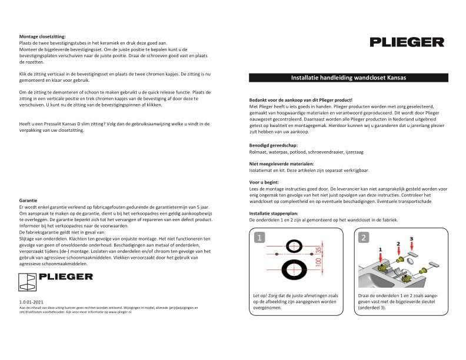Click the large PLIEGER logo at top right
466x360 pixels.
point(407,42)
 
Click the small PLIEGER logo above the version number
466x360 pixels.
point(56,276)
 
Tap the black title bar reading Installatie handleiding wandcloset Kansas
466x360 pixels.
point(348,78)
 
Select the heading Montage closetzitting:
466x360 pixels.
point(42,36)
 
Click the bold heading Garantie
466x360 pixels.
point(29,201)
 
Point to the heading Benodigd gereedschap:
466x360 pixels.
point(274,145)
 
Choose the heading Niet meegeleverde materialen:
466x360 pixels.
point(281,164)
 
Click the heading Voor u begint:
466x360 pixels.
point(264,182)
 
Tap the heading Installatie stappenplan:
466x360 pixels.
point(274,214)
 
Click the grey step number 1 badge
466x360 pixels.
point(259,238)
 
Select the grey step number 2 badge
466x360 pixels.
point(364,238)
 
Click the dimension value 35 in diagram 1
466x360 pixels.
point(318,249)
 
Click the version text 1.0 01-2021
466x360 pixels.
point(31,302)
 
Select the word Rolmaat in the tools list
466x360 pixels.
point(259,152)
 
